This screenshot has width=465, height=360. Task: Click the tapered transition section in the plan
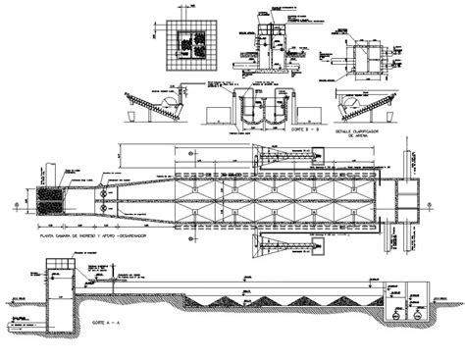(137, 199)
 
